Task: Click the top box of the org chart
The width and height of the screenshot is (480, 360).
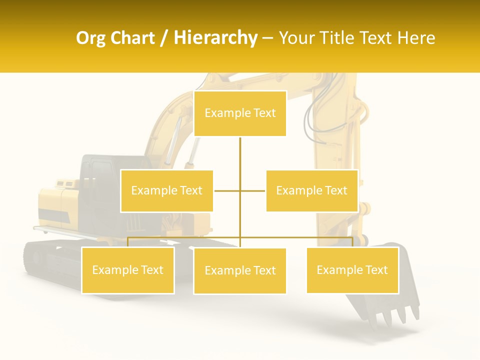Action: [x=240, y=113]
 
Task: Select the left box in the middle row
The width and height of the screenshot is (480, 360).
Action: [x=166, y=190]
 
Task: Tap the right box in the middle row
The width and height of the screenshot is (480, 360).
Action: [x=311, y=190]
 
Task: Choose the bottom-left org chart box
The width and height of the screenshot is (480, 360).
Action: [x=127, y=270]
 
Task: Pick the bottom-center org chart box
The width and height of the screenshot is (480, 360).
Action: [x=240, y=271]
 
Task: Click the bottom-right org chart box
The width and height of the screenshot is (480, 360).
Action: [x=352, y=270]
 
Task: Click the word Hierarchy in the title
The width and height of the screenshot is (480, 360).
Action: [x=215, y=38]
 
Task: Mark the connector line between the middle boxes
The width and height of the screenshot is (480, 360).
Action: [x=239, y=190]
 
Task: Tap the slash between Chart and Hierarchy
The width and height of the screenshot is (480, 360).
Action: [x=163, y=38]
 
